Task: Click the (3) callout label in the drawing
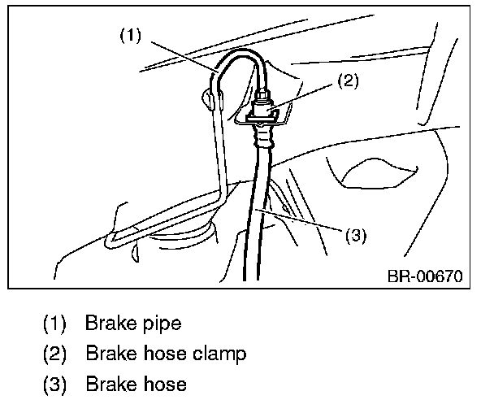click(x=356, y=236)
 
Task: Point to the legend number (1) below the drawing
click(x=55, y=324)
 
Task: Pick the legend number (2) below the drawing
click(x=55, y=354)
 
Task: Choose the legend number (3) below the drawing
click(x=55, y=384)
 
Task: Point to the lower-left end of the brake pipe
click(x=110, y=239)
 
